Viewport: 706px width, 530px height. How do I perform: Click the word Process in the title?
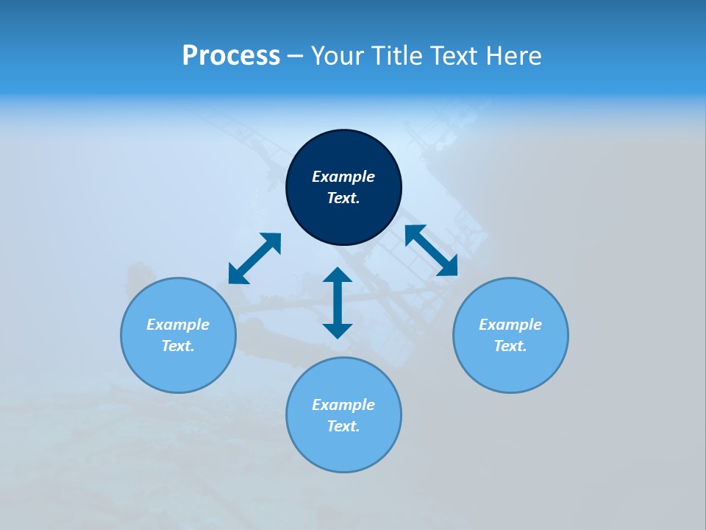click(231, 56)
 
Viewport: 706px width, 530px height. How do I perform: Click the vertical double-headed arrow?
click(338, 303)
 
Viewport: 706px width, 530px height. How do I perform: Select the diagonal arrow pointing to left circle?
click(254, 258)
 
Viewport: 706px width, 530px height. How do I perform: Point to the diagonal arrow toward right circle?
click(432, 250)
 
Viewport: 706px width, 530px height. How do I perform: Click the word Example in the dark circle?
click(343, 177)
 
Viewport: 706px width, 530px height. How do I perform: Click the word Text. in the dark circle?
click(343, 198)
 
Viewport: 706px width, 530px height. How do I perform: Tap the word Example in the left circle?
click(178, 325)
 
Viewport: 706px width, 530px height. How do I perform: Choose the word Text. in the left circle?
click(178, 346)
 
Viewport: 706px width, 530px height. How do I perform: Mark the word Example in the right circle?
click(510, 325)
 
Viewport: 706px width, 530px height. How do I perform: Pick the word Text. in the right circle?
click(510, 346)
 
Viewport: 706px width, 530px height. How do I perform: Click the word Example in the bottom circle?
click(343, 405)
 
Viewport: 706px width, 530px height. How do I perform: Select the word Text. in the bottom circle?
click(343, 426)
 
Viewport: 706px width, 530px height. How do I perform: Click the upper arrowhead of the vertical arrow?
click(338, 276)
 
